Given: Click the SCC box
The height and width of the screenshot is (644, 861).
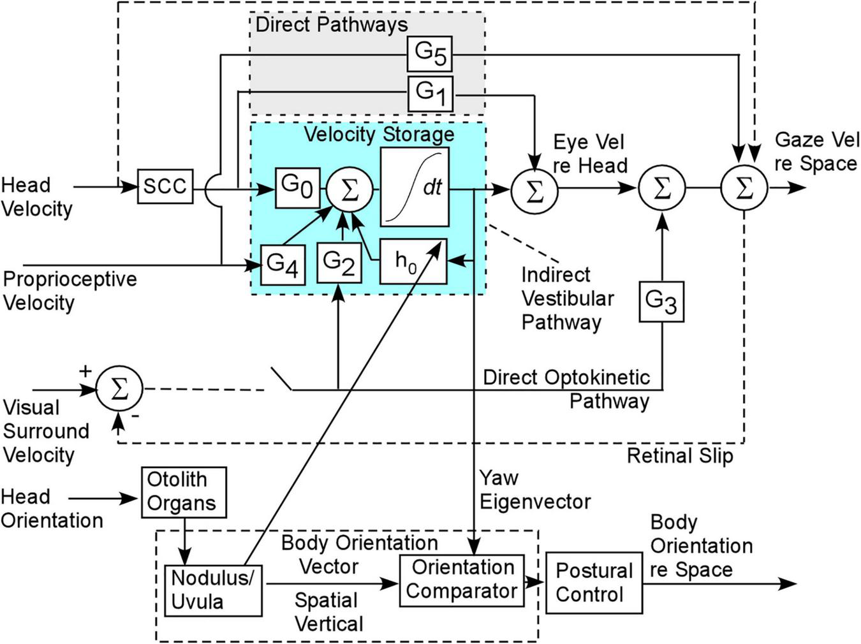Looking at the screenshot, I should tap(165, 187).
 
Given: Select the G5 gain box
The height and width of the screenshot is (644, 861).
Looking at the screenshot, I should tap(430, 54).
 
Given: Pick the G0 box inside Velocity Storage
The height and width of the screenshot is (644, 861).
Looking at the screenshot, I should tap(297, 187).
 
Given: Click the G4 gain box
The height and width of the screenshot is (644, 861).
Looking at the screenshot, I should tap(282, 265).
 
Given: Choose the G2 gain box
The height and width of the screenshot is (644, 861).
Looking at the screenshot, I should tap(339, 263).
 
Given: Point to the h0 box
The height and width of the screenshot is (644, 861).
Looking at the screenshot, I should tap(413, 261).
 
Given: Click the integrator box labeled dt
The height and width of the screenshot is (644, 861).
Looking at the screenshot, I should tap(415, 187).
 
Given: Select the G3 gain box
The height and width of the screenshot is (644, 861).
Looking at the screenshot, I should tap(661, 301).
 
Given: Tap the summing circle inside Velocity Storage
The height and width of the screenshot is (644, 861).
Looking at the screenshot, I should tap(350, 189).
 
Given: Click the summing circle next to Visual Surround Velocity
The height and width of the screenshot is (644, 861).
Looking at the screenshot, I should tap(119, 389).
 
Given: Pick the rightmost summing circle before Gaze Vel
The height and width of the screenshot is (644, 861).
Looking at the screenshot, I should tap(744, 188).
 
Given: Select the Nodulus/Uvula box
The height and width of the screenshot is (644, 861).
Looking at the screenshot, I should tap(212, 590).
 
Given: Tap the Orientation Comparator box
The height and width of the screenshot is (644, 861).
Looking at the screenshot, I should tap(462, 580).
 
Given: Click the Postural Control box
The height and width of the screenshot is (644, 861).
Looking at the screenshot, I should tap(594, 583).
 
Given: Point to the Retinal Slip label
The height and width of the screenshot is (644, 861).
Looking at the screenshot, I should tap(680, 456).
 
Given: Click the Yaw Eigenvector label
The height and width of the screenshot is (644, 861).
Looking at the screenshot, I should tap(534, 490).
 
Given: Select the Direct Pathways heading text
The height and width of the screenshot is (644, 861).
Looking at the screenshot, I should tap(331, 25).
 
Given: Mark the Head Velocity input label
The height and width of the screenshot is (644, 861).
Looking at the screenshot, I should tap(36, 197).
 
